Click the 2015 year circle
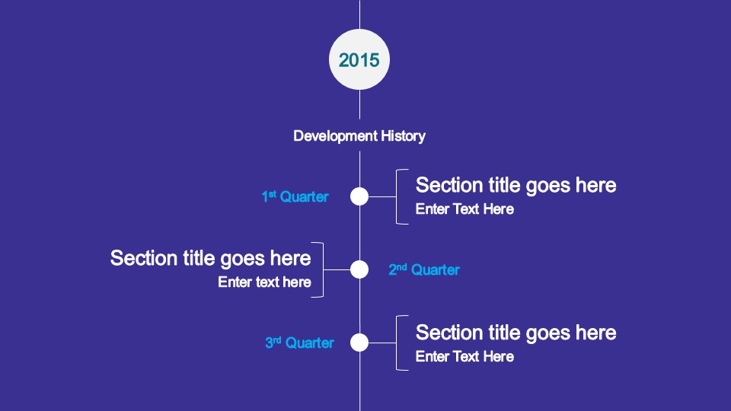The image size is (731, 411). [359, 59]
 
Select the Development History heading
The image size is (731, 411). [359, 136]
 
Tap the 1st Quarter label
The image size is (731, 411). [295, 196]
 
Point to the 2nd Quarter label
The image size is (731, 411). [424, 269]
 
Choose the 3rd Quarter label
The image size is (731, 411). [299, 342]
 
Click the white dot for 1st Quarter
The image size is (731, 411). [359, 196]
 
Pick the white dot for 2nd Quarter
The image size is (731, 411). [359, 269]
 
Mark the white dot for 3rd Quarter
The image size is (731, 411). [359, 342]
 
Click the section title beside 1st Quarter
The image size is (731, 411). [516, 186]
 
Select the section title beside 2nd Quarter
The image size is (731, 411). [210, 259]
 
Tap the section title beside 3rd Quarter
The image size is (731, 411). [516, 333]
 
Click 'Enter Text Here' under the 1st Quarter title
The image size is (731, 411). [464, 209]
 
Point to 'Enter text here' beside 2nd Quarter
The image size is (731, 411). [264, 282]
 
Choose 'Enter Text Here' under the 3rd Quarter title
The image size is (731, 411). [464, 356]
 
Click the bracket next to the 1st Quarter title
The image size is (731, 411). [396, 196]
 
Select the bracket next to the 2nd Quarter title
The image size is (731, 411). [323, 269]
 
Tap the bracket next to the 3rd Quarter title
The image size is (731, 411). [396, 343]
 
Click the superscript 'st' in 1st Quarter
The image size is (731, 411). [273, 193]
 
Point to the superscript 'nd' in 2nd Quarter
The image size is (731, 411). [401, 266]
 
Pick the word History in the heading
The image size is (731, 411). [404, 136]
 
